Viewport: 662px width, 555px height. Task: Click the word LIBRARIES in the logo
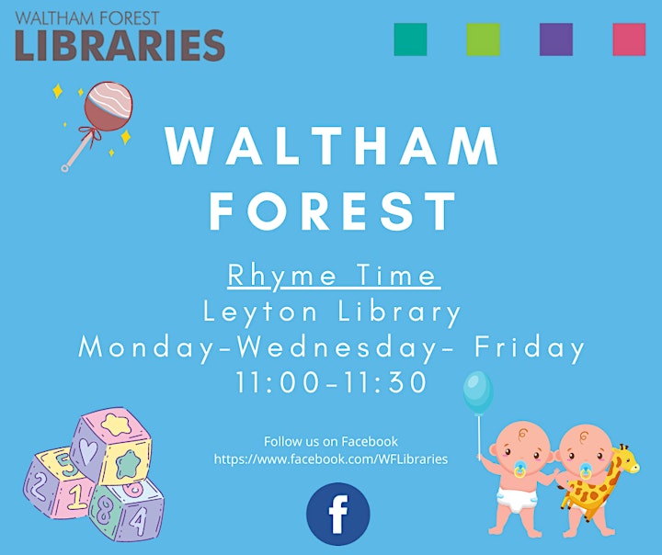click(x=120, y=45)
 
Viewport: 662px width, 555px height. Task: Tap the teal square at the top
click(x=410, y=40)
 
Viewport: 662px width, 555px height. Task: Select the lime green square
click(x=484, y=40)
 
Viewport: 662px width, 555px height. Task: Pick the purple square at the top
click(x=556, y=40)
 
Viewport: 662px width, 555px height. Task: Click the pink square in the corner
click(x=629, y=40)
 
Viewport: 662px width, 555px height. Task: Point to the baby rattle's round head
click(x=108, y=106)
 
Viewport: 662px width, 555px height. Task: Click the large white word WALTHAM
click(x=332, y=145)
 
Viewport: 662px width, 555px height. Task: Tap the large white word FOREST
click(x=333, y=210)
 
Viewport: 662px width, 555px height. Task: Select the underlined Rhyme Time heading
click(x=334, y=277)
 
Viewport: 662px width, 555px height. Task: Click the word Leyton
click(x=260, y=313)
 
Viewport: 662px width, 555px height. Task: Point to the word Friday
click(x=530, y=348)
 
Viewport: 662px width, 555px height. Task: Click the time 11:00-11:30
click(x=331, y=382)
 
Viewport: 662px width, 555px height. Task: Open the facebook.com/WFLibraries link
click(x=331, y=459)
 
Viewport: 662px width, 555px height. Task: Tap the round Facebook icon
click(x=338, y=514)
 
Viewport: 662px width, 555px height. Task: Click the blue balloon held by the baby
click(x=478, y=392)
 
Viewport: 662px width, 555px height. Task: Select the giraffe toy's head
click(x=627, y=459)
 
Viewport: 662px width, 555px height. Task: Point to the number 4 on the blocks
click(x=139, y=522)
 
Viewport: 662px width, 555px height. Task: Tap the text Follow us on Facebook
click(x=331, y=441)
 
